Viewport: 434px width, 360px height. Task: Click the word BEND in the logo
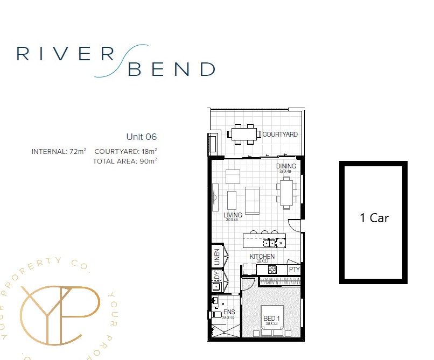[x=171, y=69]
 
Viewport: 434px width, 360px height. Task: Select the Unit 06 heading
[x=141, y=137]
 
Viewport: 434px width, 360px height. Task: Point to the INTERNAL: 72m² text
[x=59, y=152]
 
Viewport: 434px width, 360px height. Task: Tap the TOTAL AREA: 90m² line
[x=124, y=161]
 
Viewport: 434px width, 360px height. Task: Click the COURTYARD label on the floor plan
[x=279, y=135]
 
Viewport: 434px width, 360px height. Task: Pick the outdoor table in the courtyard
[x=244, y=134]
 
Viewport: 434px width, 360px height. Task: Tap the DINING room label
[x=286, y=166]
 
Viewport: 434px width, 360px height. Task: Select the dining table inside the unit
[x=286, y=192]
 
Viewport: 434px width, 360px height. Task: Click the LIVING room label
[x=233, y=215]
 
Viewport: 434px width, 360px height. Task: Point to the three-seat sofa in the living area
[x=251, y=200]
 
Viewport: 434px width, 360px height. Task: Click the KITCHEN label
[x=262, y=257]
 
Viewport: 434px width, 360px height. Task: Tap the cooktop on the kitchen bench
[x=272, y=270]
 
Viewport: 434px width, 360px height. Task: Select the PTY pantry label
[x=294, y=270]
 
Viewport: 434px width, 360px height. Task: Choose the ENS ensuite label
[x=229, y=312]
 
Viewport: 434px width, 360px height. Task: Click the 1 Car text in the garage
[x=374, y=218]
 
